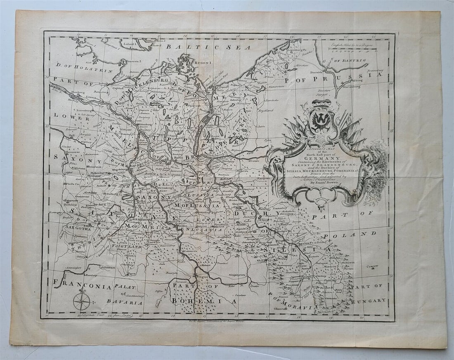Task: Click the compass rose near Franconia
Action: pos(81,301)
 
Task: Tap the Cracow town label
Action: pos(372,266)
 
